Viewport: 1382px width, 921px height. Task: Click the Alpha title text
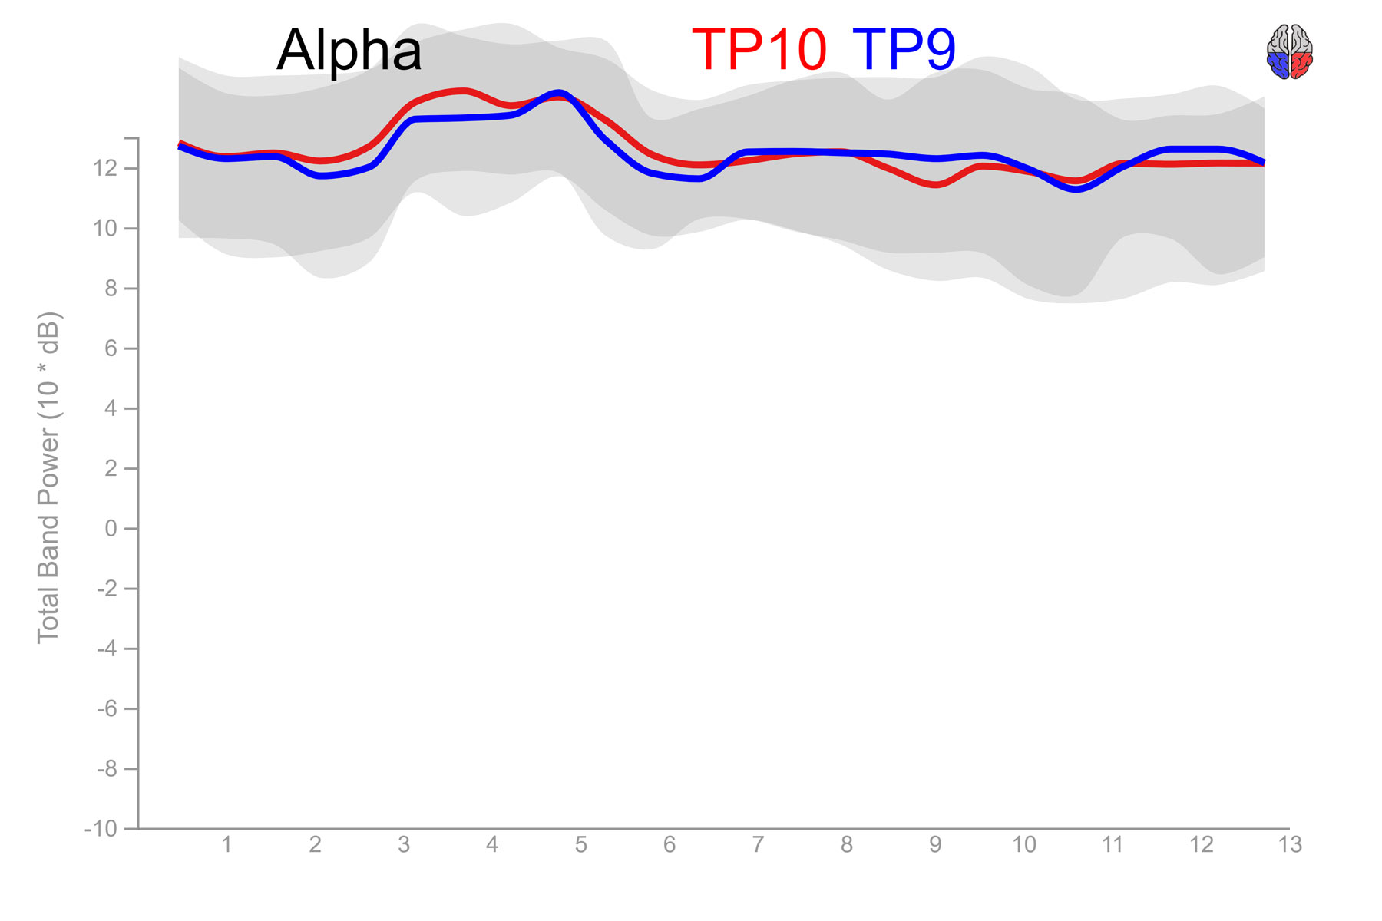point(349,51)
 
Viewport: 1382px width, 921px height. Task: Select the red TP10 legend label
point(759,49)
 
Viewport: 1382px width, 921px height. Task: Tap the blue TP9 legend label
point(904,49)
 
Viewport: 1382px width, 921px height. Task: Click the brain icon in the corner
point(1289,51)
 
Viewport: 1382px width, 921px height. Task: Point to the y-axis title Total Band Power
point(48,477)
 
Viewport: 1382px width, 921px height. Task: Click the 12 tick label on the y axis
point(105,168)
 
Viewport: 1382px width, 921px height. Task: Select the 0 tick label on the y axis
point(111,529)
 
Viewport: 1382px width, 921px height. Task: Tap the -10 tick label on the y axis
point(101,829)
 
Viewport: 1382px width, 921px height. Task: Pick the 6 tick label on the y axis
point(111,348)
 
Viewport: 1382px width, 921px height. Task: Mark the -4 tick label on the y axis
point(106,649)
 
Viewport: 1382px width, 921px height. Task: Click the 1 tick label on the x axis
point(226,845)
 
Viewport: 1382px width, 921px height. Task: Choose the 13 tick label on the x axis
point(1290,845)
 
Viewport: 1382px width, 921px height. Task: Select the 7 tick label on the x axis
point(758,845)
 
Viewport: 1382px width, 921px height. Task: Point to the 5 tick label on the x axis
point(580,845)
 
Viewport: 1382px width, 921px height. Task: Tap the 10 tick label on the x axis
point(1023,845)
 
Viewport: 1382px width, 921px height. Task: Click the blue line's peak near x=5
point(559,94)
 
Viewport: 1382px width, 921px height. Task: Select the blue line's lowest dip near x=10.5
point(1077,189)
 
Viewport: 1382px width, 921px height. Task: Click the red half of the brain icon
point(1301,64)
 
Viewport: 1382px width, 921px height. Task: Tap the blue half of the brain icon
point(1278,64)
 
